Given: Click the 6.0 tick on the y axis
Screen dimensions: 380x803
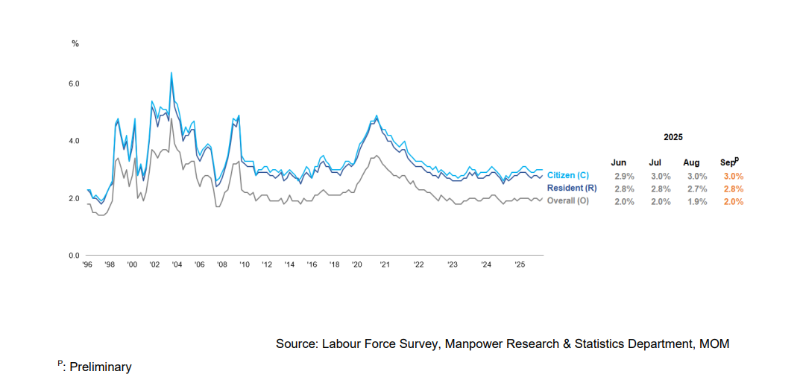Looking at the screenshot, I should tap(74, 83).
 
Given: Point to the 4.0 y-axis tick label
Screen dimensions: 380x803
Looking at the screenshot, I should tap(74, 141).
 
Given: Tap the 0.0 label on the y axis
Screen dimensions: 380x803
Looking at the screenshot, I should tap(74, 256).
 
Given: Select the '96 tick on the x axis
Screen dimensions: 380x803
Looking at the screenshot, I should tap(87, 265).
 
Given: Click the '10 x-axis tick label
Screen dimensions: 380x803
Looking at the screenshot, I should tap(244, 265).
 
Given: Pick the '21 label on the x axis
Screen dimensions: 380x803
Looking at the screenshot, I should tap(385, 265).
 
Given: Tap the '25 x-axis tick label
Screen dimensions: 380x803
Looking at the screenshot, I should tap(519, 265).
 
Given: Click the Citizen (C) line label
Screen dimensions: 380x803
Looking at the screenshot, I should tap(567, 175).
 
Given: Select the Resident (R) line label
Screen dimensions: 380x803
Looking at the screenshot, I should tap(572, 188).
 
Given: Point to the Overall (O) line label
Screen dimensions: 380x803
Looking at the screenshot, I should tap(568, 200).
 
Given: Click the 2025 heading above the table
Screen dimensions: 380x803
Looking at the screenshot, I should tap(673, 137).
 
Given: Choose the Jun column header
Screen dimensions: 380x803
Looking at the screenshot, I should tap(619, 162).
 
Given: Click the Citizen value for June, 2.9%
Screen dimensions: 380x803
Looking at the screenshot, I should tap(623, 176).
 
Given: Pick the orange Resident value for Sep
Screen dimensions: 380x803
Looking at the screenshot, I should tap(734, 189).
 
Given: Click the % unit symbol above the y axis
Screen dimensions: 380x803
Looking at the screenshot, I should tap(75, 43).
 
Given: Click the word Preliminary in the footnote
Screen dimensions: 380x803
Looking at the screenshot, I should tap(101, 367).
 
